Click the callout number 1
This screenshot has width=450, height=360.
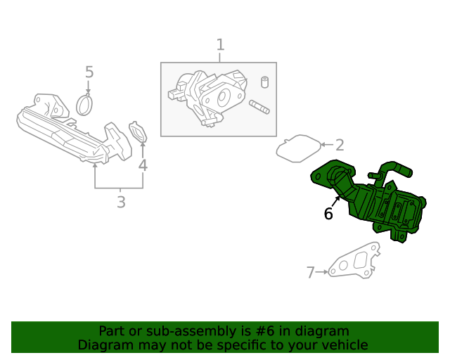pyautogui.click(x=220, y=45)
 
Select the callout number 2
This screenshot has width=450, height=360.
pyautogui.click(x=340, y=146)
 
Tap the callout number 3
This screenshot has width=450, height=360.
pyautogui.click(x=121, y=202)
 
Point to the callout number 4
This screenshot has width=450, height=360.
pyautogui.click(x=143, y=166)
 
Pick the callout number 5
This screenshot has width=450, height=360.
pyautogui.click(x=89, y=72)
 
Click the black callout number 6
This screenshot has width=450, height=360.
pyautogui.click(x=328, y=214)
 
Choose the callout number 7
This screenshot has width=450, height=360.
pyautogui.click(x=310, y=272)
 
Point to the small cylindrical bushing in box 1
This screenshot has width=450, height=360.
pyautogui.click(x=266, y=82)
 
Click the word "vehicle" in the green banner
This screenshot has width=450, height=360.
pyautogui.click(x=343, y=345)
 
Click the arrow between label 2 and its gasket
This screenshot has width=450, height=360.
pyautogui.click(x=326, y=146)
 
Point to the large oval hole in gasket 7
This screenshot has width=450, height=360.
pyautogui.click(x=363, y=259)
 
